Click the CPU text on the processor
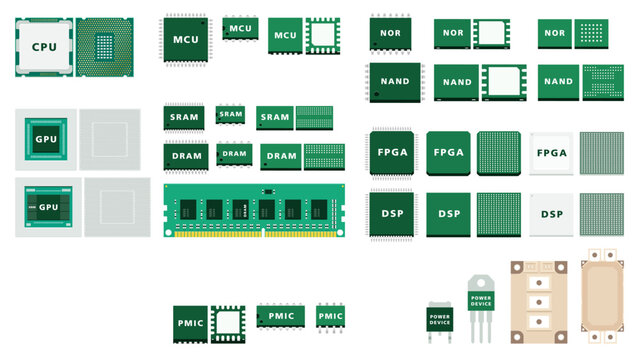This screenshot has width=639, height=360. pyautogui.click(x=44, y=47)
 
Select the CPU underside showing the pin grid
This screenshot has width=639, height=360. pyautogui.click(x=106, y=47)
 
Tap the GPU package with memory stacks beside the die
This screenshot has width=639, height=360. pyautogui.click(x=47, y=207)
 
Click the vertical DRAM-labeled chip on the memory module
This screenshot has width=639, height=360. pyautogui.click(x=240, y=210)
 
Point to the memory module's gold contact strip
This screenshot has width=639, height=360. pyautogui.click(x=254, y=234)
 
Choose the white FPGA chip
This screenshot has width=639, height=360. pyautogui.click(x=552, y=153)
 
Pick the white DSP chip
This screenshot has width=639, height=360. pyautogui.click(x=552, y=214)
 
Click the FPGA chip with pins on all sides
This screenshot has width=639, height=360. pyautogui.click(x=391, y=153)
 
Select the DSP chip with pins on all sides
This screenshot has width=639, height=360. pyautogui.click(x=391, y=214)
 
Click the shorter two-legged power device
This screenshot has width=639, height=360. pyautogui.click(x=439, y=318)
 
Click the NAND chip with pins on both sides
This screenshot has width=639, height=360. pyautogui.click(x=391, y=82)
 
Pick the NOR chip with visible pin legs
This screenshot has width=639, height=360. pyautogui.click(x=391, y=32)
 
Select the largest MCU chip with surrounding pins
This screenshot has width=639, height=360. pyautogui.click(x=186, y=39)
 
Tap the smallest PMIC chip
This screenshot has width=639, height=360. pyautogui.click(x=330, y=316)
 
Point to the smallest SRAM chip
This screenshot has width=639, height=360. pyautogui.click(x=231, y=114)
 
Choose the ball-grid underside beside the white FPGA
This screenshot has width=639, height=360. pyautogui.click(x=602, y=153)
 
